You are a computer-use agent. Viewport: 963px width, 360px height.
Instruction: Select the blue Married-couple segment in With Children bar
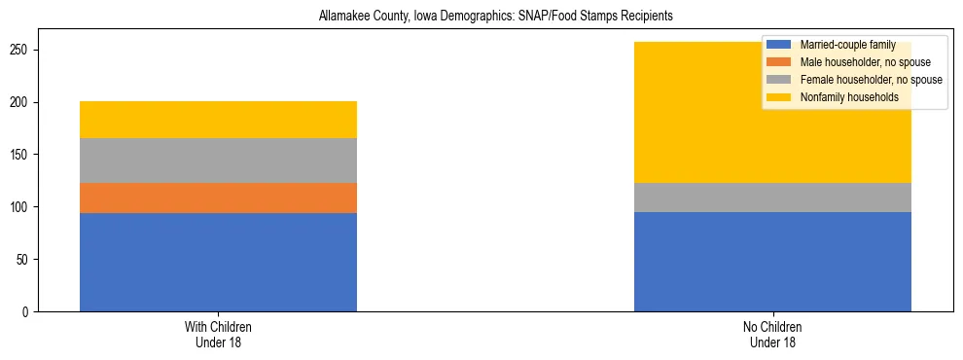(218, 262)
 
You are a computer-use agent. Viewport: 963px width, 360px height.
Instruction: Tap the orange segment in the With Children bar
(218, 198)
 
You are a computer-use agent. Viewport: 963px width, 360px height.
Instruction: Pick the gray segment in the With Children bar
(218, 161)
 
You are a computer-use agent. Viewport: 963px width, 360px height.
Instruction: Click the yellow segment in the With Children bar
(218, 120)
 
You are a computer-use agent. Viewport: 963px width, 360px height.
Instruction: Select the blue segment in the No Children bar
(772, 262)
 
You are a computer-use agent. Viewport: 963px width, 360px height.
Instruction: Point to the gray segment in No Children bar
(772, 198)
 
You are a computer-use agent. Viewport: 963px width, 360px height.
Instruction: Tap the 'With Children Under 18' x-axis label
(218, 334)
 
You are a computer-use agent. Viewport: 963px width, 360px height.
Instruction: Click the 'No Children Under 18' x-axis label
(772, 334)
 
